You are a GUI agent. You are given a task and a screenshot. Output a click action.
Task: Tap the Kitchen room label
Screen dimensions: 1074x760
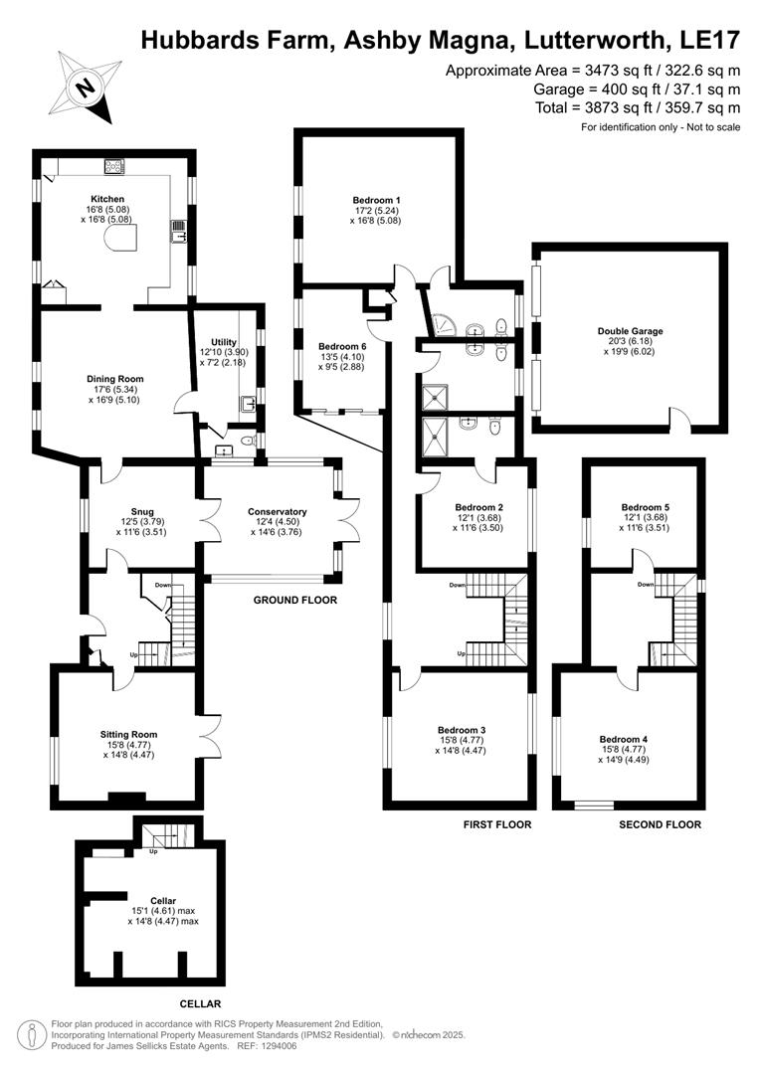107,199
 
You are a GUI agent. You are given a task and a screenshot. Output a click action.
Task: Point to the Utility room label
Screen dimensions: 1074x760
224,342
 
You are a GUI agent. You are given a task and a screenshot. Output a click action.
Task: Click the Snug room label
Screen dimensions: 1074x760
141,512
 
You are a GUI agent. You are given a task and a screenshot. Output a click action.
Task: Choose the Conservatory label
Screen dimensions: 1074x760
277,512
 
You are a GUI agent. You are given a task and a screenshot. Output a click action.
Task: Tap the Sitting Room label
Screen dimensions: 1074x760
128,735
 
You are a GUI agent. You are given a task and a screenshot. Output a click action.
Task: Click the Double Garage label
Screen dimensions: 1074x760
630,331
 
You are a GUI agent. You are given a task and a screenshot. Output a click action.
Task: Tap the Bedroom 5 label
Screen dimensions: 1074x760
645,506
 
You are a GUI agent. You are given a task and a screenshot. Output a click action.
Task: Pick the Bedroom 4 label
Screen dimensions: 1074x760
624,739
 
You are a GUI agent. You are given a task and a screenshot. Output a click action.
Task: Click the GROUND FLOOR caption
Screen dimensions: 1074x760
295,601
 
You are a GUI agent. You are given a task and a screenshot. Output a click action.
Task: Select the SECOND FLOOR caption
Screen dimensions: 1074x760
660,824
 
